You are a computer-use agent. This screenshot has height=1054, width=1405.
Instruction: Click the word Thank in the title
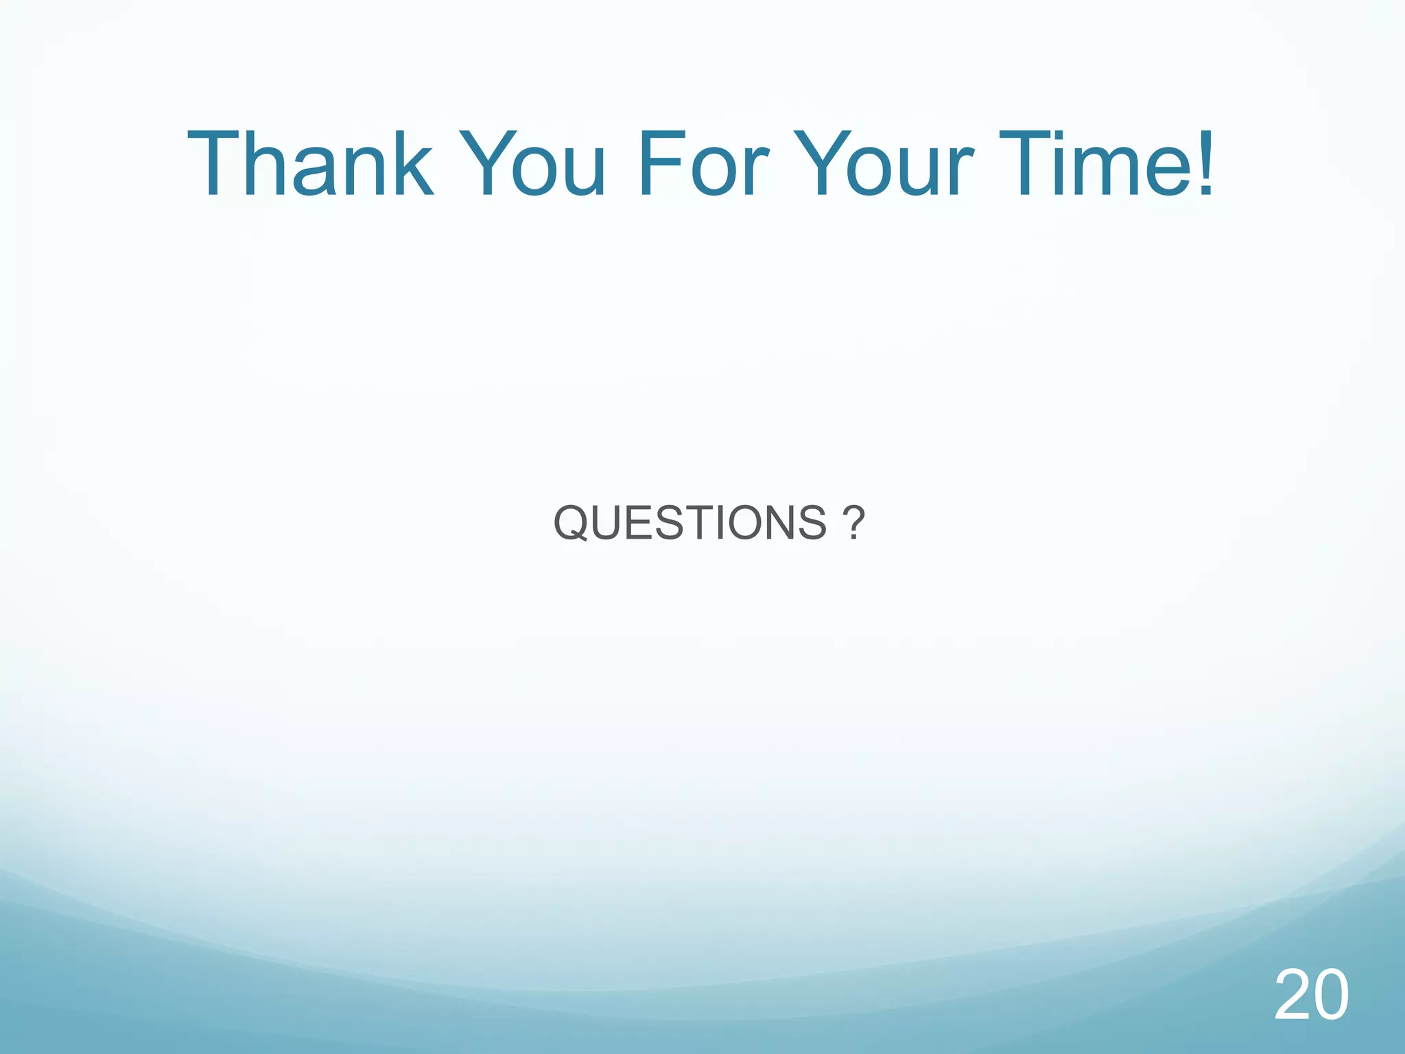(310, 165)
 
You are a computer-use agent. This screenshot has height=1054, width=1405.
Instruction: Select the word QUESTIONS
(690, 523)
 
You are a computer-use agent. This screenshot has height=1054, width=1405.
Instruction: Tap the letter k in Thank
(410, 165)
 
